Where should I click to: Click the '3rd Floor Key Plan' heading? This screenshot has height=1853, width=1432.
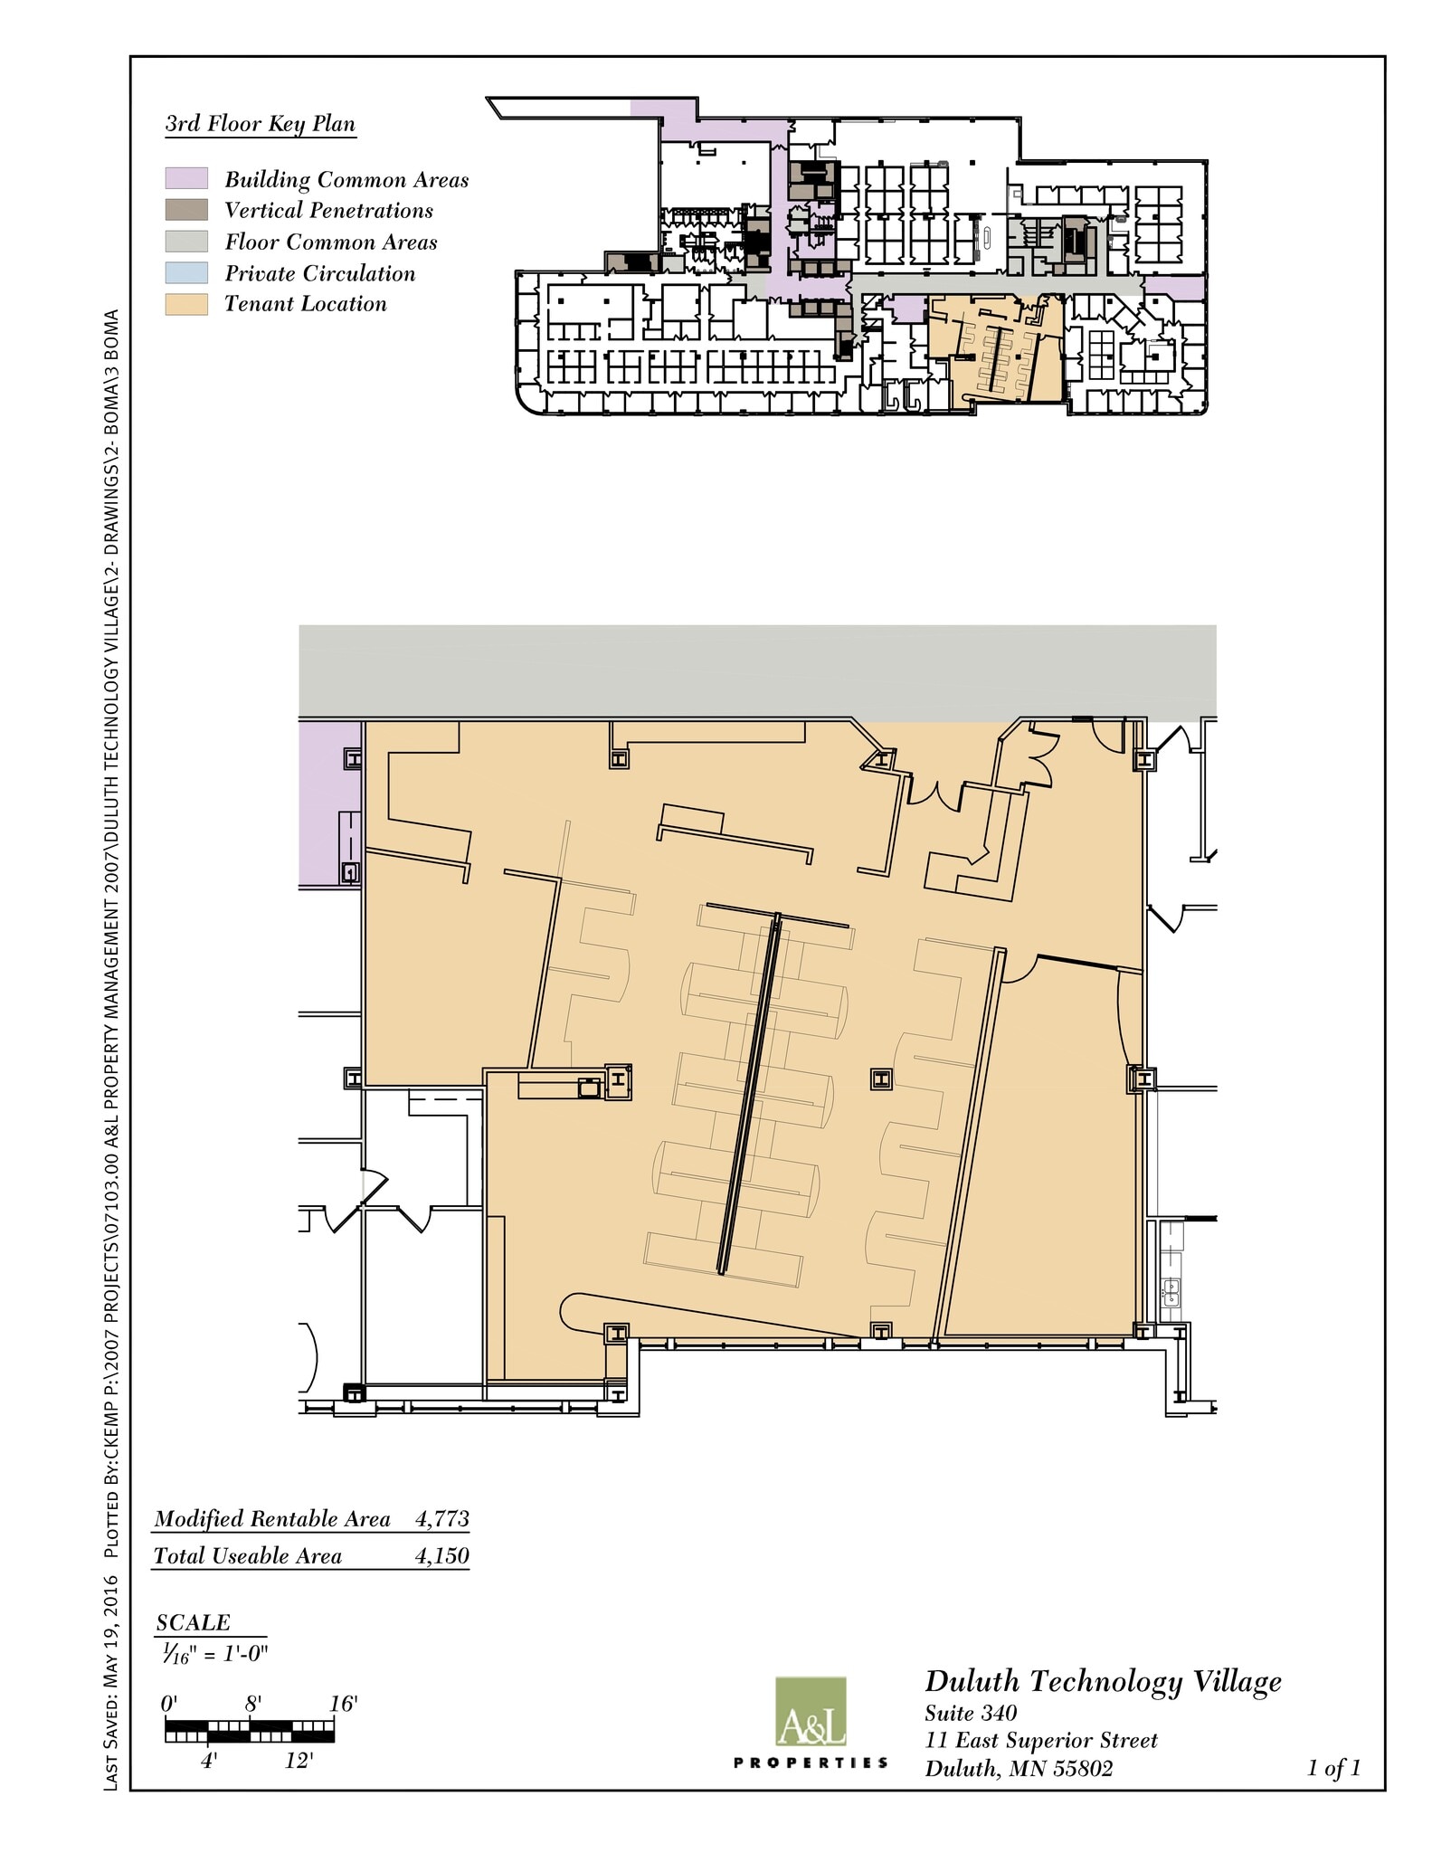261,124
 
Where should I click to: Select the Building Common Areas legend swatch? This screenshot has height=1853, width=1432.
186,178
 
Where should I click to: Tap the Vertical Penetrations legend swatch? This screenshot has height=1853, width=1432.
186,210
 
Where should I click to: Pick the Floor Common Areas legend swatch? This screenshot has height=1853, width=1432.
186,242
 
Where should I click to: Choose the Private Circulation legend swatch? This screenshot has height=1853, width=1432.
186,272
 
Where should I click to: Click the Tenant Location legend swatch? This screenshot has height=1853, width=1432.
186,304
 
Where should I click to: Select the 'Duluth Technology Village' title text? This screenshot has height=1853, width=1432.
1103,1682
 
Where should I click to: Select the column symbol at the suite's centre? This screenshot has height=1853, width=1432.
880,1079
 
